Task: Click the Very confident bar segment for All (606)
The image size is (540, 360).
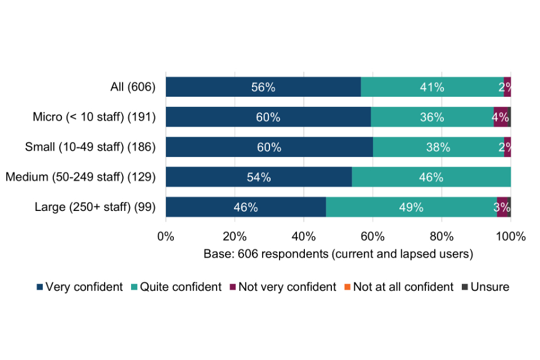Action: tap(263, 87)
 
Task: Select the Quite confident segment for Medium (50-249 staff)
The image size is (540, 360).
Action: tap(431, 177)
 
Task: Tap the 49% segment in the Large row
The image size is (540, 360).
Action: tap(411, 207)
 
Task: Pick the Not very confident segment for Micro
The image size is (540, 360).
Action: tap(499, 117)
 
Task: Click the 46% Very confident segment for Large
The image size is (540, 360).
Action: tap(246, 207)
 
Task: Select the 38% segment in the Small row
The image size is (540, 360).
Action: tap(438, 147)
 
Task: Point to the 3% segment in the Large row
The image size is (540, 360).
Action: tap(502, 207)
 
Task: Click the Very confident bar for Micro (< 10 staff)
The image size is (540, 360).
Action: tap(268, 117)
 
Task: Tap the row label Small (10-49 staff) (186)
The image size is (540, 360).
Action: tap(90, 147)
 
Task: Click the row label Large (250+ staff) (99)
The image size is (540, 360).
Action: tap(95, 207)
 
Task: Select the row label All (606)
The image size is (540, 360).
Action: tap(133, 87)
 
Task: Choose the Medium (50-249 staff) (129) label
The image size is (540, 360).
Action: tap(80, 177)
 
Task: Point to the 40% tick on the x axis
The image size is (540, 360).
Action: tap(304, 236)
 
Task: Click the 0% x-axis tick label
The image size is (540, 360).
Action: tap(166, 236)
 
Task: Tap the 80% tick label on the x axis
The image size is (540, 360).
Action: tap(442, 236)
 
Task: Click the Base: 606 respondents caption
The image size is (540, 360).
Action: tap(338, 254)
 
